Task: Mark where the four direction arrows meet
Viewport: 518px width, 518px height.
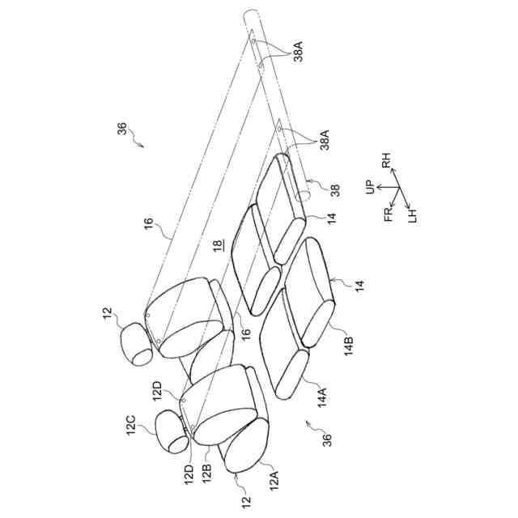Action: coord(396,189)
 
